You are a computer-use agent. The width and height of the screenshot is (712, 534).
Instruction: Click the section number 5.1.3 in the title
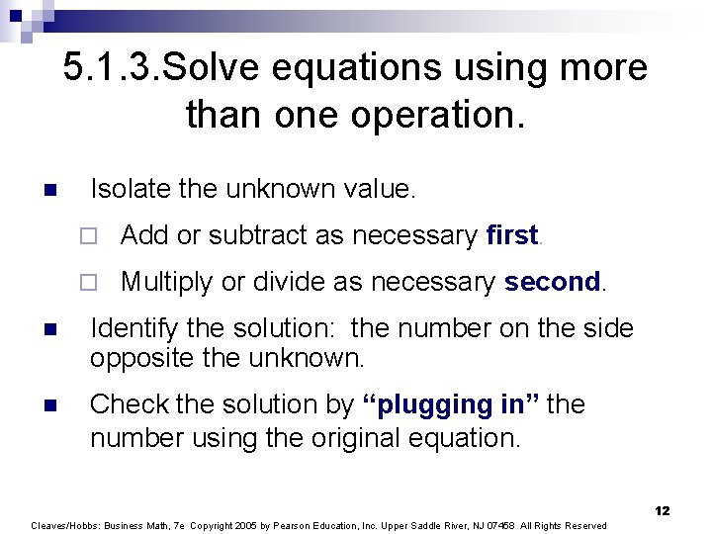[109, 68]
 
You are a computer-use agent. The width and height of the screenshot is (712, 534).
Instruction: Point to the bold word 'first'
[511, 235]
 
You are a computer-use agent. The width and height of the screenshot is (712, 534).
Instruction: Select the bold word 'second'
[552, 282]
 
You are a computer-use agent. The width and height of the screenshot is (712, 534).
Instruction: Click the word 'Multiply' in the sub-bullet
[166, 282]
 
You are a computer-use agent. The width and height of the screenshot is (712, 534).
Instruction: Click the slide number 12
[662, 510]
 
